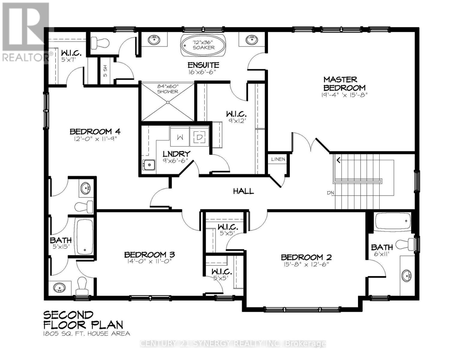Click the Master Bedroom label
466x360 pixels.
344,84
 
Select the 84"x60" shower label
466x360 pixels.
167,89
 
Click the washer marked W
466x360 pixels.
180,137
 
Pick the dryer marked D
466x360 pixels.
199,137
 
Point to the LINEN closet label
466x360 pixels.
278,159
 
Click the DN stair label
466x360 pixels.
330,193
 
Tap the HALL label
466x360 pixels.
243,191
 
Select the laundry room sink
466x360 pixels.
149,165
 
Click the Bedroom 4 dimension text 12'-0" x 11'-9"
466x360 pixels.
95,139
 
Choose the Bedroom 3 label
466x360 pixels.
149,255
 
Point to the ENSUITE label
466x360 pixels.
203,65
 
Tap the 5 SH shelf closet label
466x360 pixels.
105,71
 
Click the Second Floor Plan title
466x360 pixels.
83,320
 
